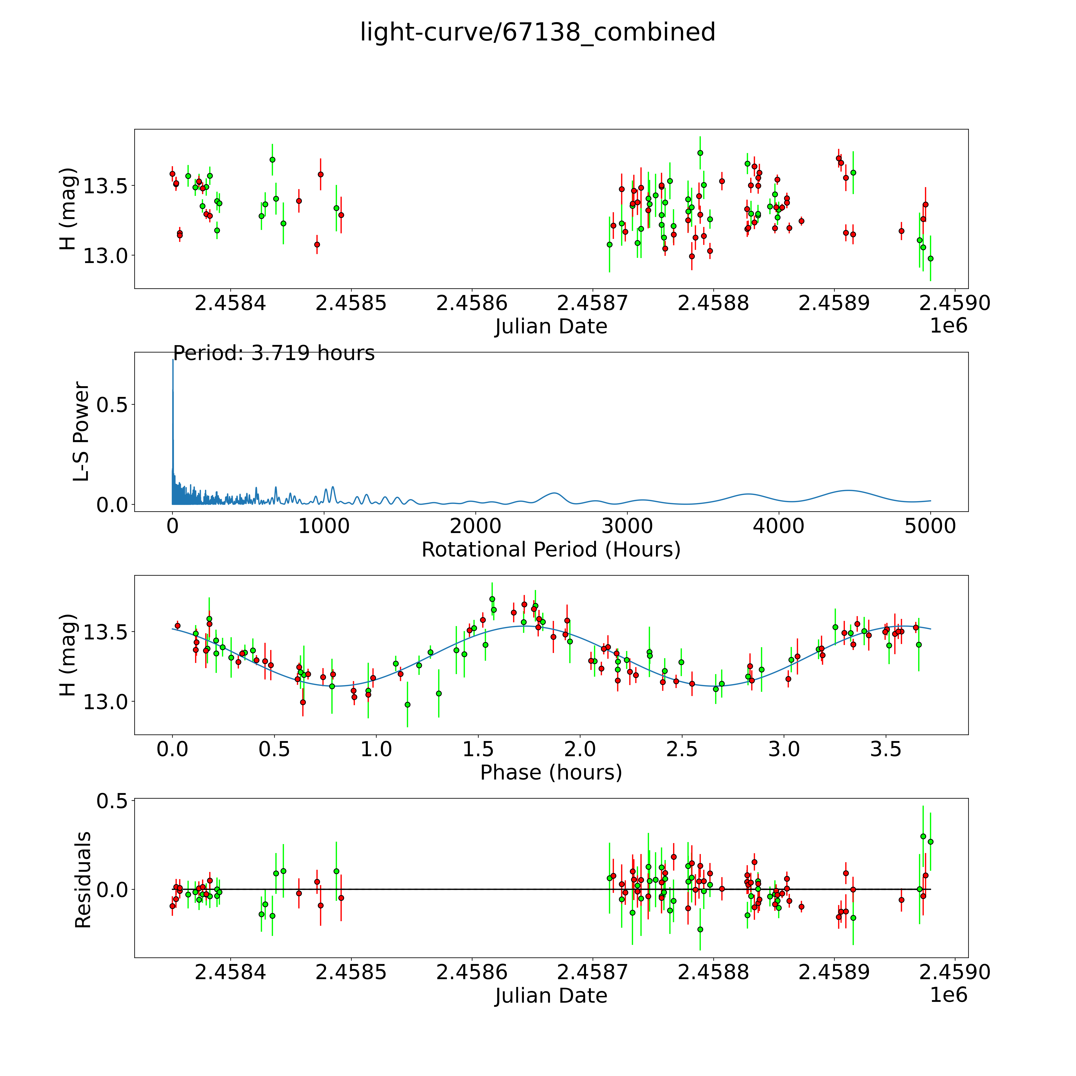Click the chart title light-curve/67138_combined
click(537, 32)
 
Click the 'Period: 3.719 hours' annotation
click(273, 353)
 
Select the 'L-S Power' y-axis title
click(81, 432)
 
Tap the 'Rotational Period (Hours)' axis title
click(551, 550)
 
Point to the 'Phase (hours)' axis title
click(551, 773)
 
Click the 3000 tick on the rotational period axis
click(627, 526)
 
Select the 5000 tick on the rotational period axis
click(930, 526)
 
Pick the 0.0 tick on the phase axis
click(173, 749)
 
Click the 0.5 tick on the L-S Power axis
click(112, 405)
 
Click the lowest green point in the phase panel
click(407, 705)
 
